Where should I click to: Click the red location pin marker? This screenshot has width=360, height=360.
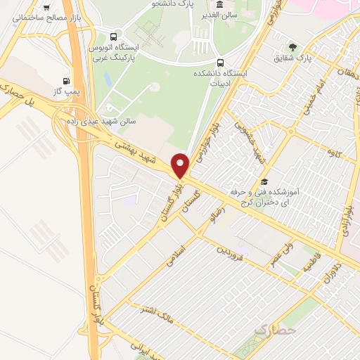click(181, 165)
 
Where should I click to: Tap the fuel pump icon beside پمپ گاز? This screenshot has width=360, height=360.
click(67, 81)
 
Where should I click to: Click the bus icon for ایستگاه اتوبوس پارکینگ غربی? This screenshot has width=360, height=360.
click(114, 37)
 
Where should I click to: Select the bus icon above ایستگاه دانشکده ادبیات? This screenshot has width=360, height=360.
click(221, 62)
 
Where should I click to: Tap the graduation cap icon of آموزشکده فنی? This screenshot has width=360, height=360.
click(264, 181)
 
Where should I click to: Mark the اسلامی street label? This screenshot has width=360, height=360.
click(174, 255)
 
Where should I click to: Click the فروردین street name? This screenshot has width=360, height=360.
click(231, 251)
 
